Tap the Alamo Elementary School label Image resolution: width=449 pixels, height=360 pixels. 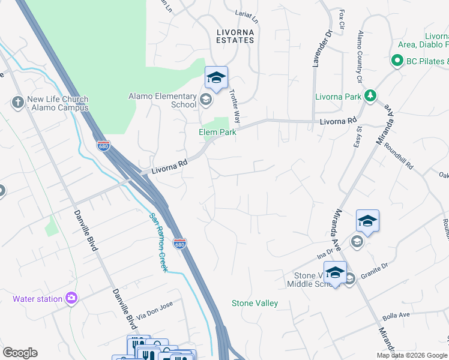tap(163, 100)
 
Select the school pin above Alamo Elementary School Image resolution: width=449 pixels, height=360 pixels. tap(216, 78)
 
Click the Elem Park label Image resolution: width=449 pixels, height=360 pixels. tap(217, 132)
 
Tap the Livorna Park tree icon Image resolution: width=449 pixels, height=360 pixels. tap(371, 96)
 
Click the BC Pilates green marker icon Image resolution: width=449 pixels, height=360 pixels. tap(396, 61)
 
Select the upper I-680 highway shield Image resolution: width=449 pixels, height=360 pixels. tap(103, 146)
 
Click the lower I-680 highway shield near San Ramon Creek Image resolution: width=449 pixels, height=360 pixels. tap(179, 244)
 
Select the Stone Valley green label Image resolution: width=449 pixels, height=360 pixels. tap(255, 303)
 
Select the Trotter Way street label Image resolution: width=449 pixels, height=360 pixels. tap(235, 104)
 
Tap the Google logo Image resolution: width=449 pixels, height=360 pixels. tap(20, 353)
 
